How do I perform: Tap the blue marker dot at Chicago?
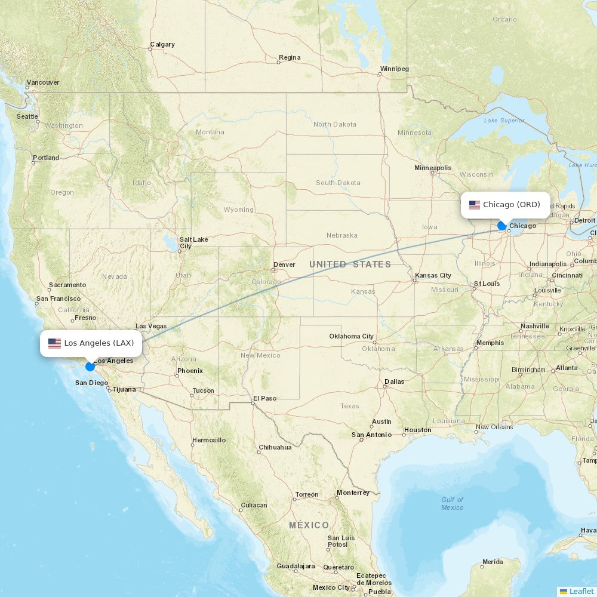pyautogui.click(x=502, y=226)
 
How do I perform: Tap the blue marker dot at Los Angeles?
pyautogui.click(x=90, y=366)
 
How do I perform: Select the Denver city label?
pyautogui.click(x=284, y=264)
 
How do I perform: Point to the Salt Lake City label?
pyautogui.click(x=193, y=242)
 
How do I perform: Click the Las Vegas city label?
pyautogui.click(x=151, y=326)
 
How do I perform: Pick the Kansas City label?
pyautogui.click(x=433, y=275)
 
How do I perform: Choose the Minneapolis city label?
pyautogui.click(x=433, y=168)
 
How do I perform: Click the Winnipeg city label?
pyautogui.click(x=394, y=69)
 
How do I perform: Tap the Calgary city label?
pyautogui.click(x=162, y=44)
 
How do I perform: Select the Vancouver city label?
pyautogui.click(x=43, y=82)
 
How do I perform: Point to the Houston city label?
pyautogui.click(x=417, y=430)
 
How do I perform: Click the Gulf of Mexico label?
pyautogui.click(x=452, y=503)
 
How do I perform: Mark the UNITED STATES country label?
pyautogui.click(x=350, y=264)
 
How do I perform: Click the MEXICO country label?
pyautogui.click(x=309, y=525)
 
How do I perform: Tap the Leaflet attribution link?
pyautogui.click(x=581, y=591)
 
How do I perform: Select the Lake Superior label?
pyautogui.click(x=504, y=120)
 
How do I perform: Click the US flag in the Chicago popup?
pyautogui.click(x=475, y=205)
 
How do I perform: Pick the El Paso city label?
pyautogui.click(x=264, y=398)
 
